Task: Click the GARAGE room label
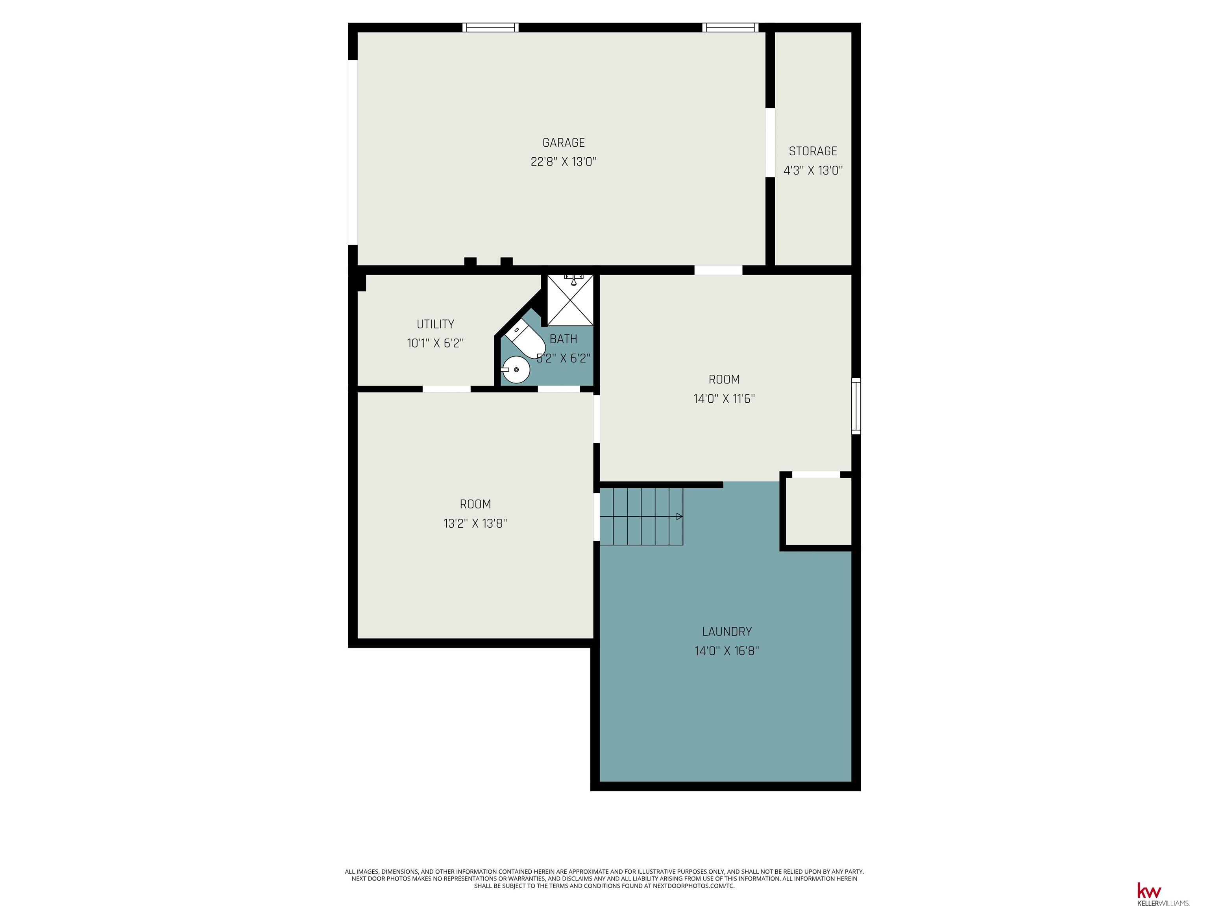pos(564,142)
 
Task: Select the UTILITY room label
pos(435,324)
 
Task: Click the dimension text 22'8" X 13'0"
pos(564,162)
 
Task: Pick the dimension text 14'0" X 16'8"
pos(727,650)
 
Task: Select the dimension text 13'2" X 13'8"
pos(475,523)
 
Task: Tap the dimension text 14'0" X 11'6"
pos(724,399)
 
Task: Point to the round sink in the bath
pos(516,370)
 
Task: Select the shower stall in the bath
pos(570,300)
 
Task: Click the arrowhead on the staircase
pos(679,516)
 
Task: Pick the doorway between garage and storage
pos(770,142)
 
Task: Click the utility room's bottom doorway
pos(447,389)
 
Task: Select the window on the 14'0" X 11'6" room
pos(856,406)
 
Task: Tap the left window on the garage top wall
pos(490,27)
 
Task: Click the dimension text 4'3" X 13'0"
pos(813,170)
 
